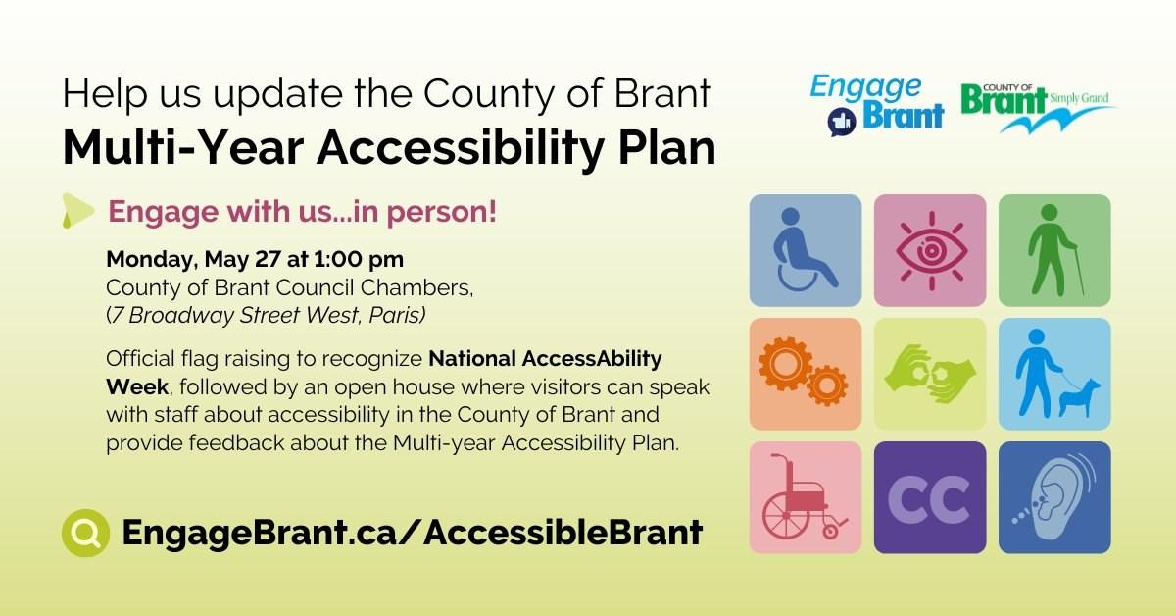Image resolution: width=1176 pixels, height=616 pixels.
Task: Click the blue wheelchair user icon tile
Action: click(x=806, y=250)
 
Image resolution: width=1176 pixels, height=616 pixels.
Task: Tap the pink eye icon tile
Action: click(x=930, y=250)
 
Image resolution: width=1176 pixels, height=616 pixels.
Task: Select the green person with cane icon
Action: click(x=1052, y=250)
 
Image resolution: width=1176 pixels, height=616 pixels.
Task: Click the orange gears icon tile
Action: click(x=806, y=374)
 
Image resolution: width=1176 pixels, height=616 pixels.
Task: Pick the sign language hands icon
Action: click(x=930, y=375)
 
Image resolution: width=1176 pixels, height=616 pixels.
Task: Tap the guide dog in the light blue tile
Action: click(x=1079, y=398)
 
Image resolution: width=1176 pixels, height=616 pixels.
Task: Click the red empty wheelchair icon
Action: click(x=804, y=497)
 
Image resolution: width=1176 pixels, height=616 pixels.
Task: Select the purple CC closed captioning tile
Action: click(x=930, y=497)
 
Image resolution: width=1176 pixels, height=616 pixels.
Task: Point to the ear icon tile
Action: click(x=1054, y=497)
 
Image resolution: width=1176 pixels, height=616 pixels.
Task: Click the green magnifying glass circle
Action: click(x=85, y=533)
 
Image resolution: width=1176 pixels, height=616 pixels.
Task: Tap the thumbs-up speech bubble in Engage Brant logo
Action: click(x=842, y=122)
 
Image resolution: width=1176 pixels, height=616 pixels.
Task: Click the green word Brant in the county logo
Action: click(x=1004, y=100)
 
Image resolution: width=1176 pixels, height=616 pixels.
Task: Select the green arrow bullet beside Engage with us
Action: click(x=77, y=211)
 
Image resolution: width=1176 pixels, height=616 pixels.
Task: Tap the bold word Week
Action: click(x=137, y=386)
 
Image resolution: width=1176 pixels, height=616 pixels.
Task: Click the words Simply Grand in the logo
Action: click(x=1079, y=98)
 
